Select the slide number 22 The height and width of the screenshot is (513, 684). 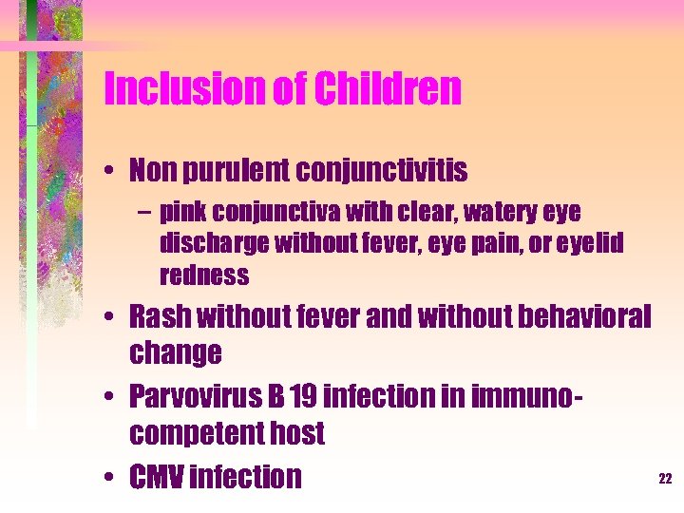[x=665, y=480]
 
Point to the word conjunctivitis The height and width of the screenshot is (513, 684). [x=383, y=171]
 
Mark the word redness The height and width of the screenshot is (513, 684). [x=204, y=276]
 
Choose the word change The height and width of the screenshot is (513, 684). [x=176, y=353]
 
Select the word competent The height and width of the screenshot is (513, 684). [x=198, y=434]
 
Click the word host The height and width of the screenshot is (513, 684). [x=298, y=434]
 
